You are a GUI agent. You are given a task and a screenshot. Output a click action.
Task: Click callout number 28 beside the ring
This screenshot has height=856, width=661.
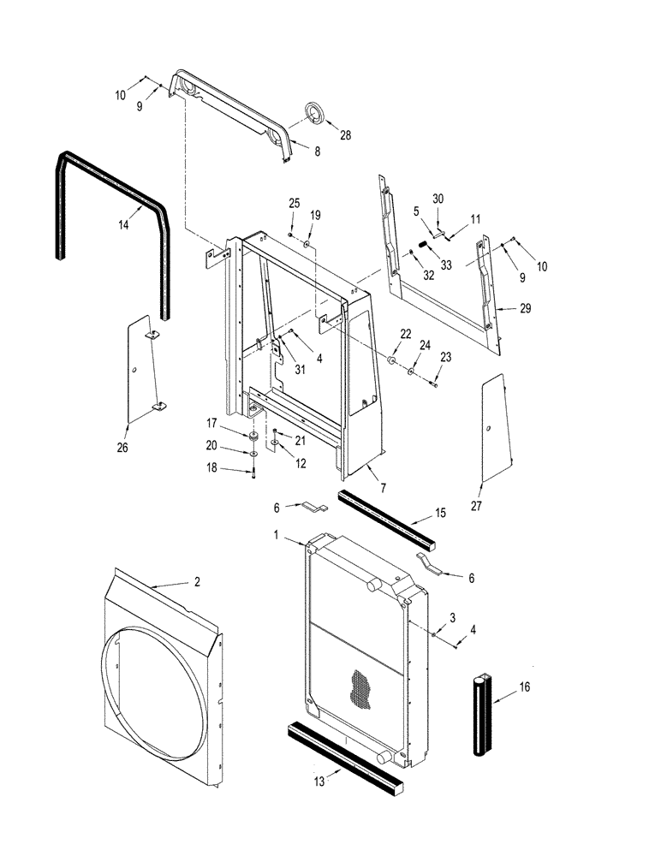[346, 135]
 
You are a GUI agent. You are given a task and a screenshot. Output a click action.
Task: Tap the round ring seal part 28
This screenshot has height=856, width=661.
[318, 114]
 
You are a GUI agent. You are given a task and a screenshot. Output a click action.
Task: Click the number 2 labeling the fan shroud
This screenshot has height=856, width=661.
[197, 581]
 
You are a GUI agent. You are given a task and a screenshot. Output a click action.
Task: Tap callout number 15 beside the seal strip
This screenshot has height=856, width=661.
[440, 514]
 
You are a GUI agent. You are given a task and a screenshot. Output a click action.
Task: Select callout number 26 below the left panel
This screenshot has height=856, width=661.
[123, 446]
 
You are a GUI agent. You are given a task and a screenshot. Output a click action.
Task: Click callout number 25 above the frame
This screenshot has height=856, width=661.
[293, 203]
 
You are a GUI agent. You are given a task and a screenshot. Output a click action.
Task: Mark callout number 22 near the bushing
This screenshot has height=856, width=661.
[405, 334]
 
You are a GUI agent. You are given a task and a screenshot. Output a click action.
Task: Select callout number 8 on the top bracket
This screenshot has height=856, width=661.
[294, 151]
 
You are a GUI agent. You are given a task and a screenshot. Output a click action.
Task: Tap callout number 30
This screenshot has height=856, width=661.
[438, 199]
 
